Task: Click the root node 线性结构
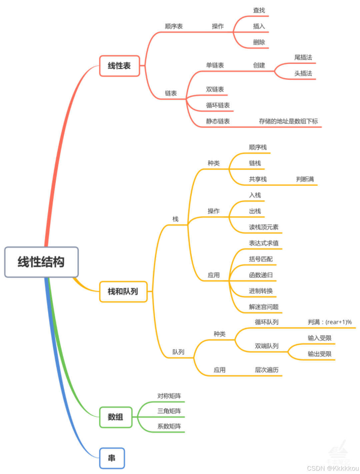click(x=41, y=262)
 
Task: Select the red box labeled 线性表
click(x=119, y=66)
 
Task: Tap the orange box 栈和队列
click(x=123, y=292)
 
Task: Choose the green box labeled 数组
click(x=116, y=417)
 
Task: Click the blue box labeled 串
click(x=112, y=458)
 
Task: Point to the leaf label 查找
click(x=259, y=10)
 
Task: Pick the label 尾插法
click(x=303, y=57)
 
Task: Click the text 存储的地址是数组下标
click(x=288, y=121)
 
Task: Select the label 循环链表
click(x=218, y=105)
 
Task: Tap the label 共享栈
click(x=258, y=179)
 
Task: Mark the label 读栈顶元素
click(x=263, y=227)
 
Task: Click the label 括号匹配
click(x=261, y=259)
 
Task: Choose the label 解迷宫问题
click(x=263, y=307)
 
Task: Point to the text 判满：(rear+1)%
click(x=329, y=322)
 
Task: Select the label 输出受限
click(x=319, y=354)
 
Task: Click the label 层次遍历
click(x=266, y=370)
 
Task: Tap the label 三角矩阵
click(x=169, y=411)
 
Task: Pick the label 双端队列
click(x=266, y=346)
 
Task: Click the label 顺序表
click(x=174, y=26)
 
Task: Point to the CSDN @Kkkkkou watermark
click(x=332, y=468)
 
